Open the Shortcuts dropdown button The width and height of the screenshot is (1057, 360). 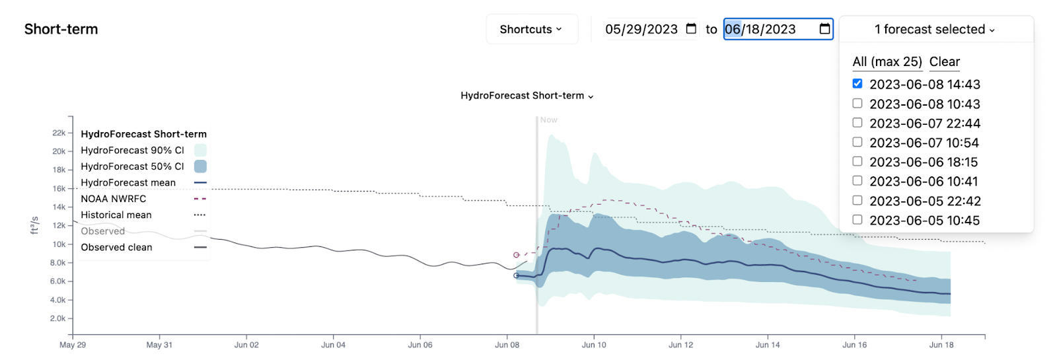531,29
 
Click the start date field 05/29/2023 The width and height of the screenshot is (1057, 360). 641,29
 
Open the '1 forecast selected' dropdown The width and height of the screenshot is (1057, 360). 935,29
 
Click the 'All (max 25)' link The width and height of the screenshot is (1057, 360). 887,61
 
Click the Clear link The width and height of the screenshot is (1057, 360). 945,61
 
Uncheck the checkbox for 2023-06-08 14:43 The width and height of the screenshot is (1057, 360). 857,84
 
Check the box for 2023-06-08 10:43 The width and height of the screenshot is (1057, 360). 857,104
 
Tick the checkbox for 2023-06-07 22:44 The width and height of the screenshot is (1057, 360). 857,123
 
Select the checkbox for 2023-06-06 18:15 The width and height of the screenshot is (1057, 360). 857,161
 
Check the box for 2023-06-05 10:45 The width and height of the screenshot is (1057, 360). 857,220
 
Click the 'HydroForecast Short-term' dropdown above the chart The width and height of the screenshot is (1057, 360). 527,96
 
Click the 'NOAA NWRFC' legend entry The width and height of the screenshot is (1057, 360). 114,199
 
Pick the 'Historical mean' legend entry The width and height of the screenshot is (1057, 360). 116,215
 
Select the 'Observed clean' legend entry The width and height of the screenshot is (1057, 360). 116,247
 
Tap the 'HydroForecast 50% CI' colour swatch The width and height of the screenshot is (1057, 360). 200,166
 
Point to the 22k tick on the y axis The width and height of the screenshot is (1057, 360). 59,133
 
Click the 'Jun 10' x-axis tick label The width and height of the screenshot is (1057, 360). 594,345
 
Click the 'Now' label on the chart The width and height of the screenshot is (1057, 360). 549,120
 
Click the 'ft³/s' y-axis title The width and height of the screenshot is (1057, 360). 34,225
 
